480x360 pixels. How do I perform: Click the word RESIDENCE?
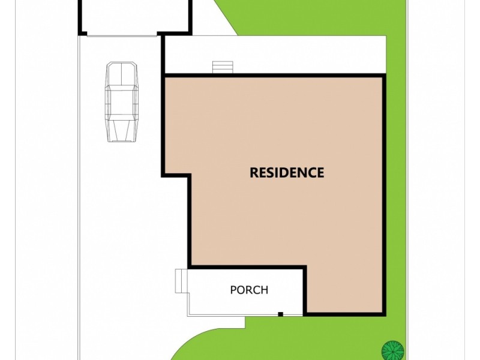coord(287,173)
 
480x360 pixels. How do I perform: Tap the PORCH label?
coord(249,290)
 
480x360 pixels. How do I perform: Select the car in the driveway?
coord(122,102)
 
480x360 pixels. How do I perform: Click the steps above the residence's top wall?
coord(221,67)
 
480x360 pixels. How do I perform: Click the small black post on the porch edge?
coord(280,314)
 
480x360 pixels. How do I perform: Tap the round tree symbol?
coord(391,349)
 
